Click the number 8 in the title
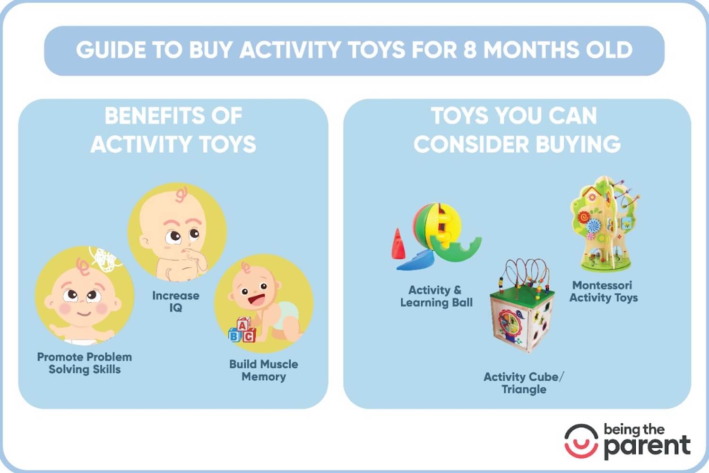[x=469, y=50]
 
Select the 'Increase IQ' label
[x=175, y=301]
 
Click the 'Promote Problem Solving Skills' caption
[x=85, y=363]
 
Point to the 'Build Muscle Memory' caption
[x=263, y=370]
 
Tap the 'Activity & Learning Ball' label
[x=436, y=296]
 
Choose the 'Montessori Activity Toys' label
[x=603, y=291]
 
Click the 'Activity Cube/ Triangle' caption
[x=524, y=383]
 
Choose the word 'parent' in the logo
[x=647, y=446]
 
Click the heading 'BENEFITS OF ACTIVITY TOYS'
[x=173, y=130]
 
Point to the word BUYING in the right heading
[x=577, y=144]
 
